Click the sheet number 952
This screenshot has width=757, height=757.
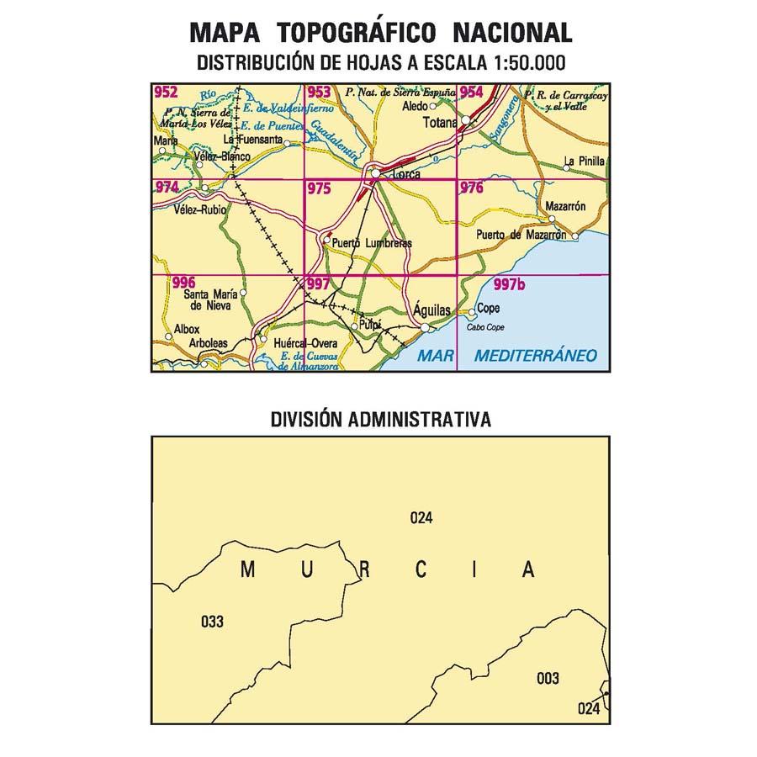(x=166, y=93)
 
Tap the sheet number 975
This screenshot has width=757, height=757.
(x=319, y=189)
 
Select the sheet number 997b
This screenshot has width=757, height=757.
(x=510, y=285)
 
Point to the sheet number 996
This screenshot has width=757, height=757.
(x=183, y=283)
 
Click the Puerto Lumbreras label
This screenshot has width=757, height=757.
(x=372, y=243)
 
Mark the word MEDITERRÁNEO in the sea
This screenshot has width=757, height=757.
(x=535, y=356)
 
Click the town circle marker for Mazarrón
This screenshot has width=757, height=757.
(x=577, y=218)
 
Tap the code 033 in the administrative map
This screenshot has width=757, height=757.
(x=213, y=622)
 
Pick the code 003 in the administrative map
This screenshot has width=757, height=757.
(x=548, y=678)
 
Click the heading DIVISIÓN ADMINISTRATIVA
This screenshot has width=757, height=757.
(x=381, y=419)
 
